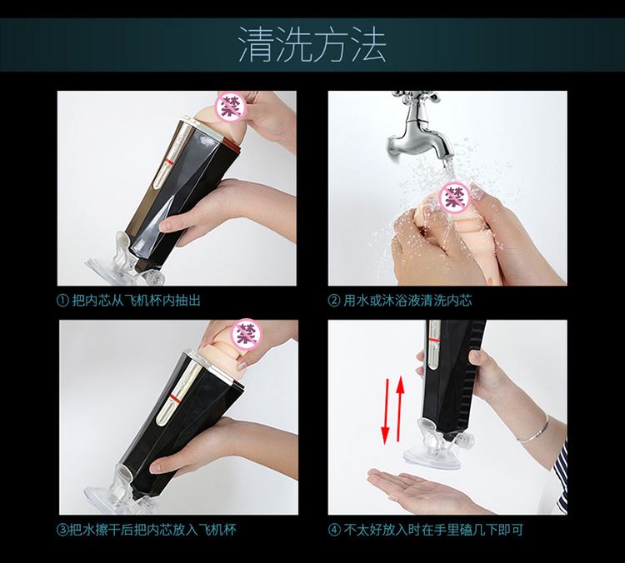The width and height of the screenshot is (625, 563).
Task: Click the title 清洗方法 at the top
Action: tap(312, 45)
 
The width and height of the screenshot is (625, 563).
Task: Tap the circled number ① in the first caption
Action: tap(62, 301)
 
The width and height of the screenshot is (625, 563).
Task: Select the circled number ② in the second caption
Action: tap(333, 301)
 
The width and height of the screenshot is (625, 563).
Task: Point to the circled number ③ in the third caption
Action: tap(62, 530)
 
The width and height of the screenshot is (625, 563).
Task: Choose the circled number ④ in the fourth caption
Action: tap(334, 530)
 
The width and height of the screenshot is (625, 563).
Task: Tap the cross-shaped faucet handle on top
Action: tap(416, 96)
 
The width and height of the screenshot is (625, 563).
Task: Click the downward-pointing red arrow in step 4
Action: tap(386, 411)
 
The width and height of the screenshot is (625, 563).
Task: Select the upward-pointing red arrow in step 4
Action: tap(400, 407)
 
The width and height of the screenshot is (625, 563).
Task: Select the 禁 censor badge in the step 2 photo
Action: tap(454, 197)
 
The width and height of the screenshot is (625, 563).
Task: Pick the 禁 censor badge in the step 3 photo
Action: tap(247, 334)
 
